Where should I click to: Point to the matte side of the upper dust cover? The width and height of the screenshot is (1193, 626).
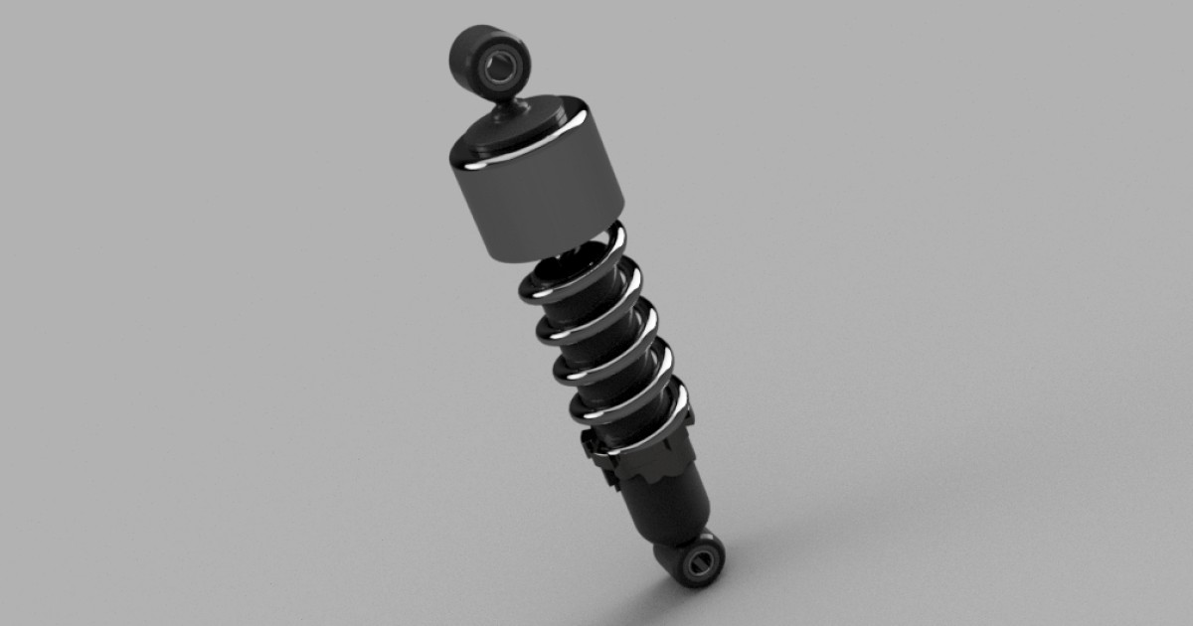click(x=537, y=204)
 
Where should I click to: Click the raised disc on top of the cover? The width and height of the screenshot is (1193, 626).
click(x=509, y=120)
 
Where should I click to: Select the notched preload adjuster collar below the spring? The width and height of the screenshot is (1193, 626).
click(x=646, y=459)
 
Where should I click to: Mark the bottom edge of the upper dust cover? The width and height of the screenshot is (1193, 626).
click(x=557, y=251)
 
